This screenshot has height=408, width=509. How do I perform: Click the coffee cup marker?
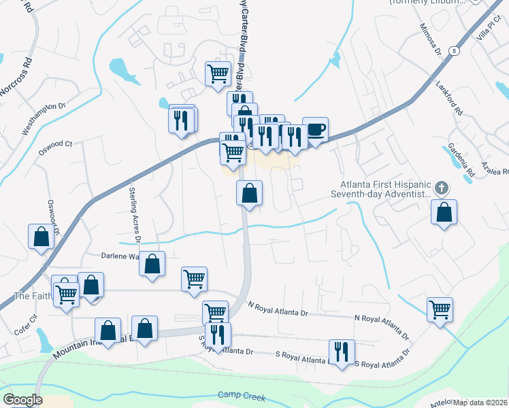[x=315, y=129]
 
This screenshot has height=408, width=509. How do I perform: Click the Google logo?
[x=22, y=400]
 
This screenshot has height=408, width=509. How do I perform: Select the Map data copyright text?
[x=480, y=403]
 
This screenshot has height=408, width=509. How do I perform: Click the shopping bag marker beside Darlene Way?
[x=152, y=264]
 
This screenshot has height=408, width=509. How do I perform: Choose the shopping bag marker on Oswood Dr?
[x=42, y=236]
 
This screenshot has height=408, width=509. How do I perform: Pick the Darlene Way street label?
[x=120, y=257]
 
